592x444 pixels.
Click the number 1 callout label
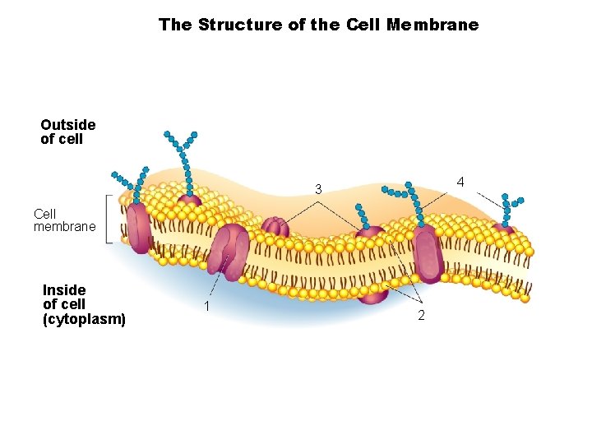coord(207,306)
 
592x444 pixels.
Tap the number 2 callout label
coord(421,317)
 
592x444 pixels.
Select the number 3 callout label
coord(317,190)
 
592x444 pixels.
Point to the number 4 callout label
coord(460,181)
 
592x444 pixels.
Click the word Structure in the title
coord(241,25)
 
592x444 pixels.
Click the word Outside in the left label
coord(67,125)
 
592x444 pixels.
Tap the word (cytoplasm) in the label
coord(84,318)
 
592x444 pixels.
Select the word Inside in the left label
coord(64,290)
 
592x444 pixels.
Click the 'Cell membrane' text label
coord(64,220)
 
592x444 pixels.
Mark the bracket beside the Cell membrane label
coord(109,220)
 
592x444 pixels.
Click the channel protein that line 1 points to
coord(229,249)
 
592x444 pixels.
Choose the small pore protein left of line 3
coord(275,228)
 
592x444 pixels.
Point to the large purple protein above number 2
coord(428,253)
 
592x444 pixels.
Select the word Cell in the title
coord(363,25)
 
